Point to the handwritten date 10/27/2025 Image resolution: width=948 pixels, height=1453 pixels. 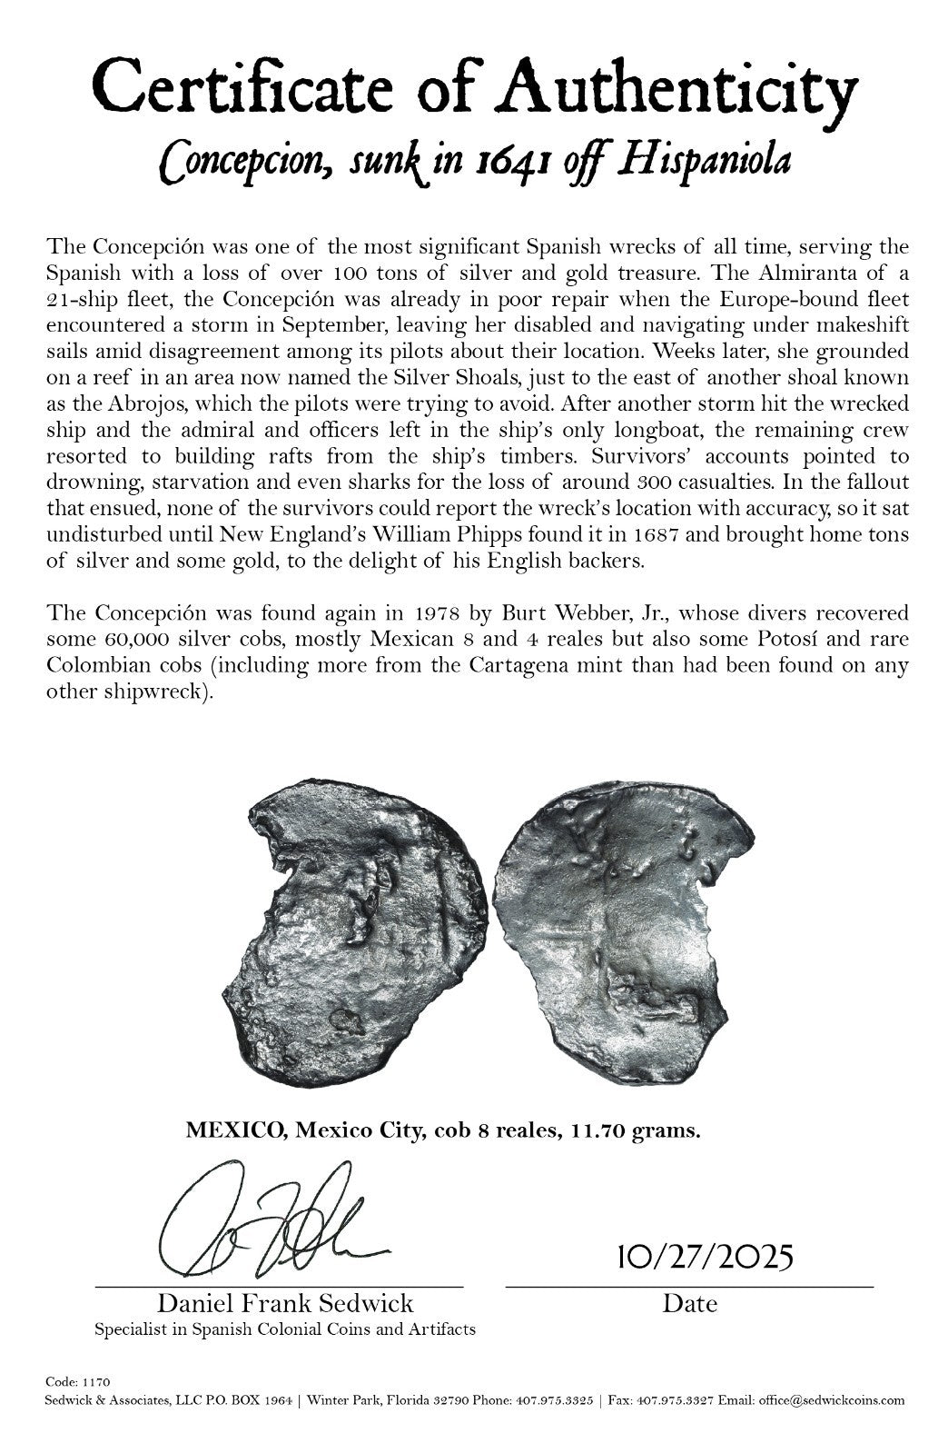(704, 1258)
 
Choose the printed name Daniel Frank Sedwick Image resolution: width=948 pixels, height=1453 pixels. (285, 1304)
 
